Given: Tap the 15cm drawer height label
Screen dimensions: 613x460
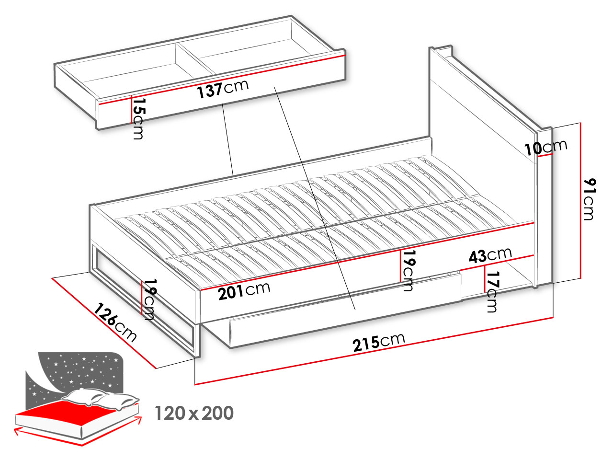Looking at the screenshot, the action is [x=138, y=118].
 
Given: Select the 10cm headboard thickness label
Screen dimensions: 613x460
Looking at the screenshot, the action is [x=545, y=148].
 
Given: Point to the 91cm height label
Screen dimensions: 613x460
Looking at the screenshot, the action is [x=590, y=199].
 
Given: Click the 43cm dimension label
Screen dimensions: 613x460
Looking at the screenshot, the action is [x=490, y=255].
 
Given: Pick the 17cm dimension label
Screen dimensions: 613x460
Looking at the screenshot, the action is [x=492, y=292].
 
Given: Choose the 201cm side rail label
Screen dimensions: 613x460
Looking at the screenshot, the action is [x=244, y=291].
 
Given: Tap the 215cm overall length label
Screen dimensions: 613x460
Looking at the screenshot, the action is [x=379, y=343].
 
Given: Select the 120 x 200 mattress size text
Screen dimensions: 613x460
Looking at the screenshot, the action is [x=194, y=413].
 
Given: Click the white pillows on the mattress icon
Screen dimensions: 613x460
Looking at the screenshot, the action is [x=100, y=399].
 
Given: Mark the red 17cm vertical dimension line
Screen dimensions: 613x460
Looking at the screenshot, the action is [x=485, y=279].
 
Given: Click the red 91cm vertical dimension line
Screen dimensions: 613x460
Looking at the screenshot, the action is [x=580, y=201].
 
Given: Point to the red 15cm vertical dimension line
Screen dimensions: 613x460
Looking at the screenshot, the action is [x=131, y=109].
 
